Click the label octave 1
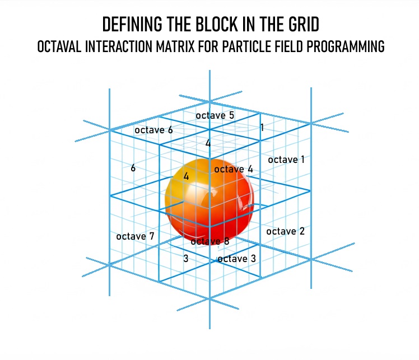(x=286, y=160)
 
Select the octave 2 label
(x=285, y=231)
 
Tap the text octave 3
(x=236, y=259)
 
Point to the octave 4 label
(x=234, y=169)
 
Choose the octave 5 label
(x=215, y=115)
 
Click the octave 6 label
(x=153, y=130)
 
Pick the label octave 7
(x=135, y=236)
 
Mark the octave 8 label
(x=210, y=241)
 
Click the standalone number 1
(x=262, y=128)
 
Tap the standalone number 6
(x=133, y=167)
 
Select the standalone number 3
(x=185, y=259)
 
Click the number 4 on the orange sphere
(x=187, y=176)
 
